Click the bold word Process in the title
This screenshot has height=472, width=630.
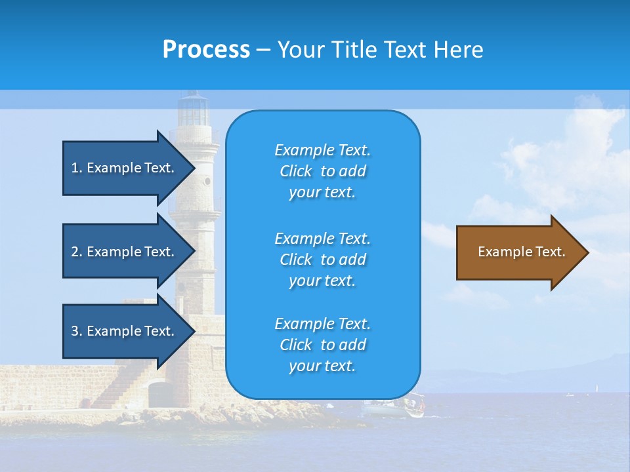206,50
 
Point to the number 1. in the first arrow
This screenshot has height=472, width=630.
77,168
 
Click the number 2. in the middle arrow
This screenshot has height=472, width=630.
77,252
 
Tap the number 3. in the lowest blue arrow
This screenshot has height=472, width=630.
77,331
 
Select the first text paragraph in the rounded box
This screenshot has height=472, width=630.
322,171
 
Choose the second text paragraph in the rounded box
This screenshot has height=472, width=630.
322,260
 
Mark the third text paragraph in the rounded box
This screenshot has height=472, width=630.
322,345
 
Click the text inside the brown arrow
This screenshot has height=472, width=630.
521,252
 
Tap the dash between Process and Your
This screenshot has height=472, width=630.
263,50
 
